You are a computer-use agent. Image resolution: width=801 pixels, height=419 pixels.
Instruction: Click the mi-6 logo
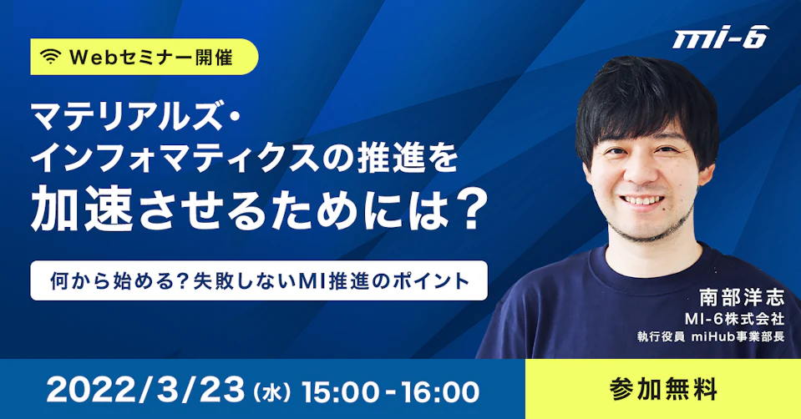click(x=720, y=38)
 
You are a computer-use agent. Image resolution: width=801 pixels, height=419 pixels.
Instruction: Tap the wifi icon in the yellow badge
click(x=51, y=57)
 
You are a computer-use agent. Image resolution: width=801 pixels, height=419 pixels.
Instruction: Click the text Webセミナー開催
click(x=150, y=57)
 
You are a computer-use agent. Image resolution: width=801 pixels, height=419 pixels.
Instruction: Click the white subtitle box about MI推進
click(x=259, y=280)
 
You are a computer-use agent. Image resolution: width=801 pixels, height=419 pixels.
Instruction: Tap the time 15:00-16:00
click(x=390, y=391)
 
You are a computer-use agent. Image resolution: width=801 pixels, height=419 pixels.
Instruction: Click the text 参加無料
click(x=663, y=390)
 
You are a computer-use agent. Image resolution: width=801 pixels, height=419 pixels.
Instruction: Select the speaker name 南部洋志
click(x=741, y=297)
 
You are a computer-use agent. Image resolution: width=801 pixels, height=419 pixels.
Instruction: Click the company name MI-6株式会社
click(x=734, y=319)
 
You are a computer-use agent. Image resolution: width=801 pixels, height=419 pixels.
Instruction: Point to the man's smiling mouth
click(x=646, y=200)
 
